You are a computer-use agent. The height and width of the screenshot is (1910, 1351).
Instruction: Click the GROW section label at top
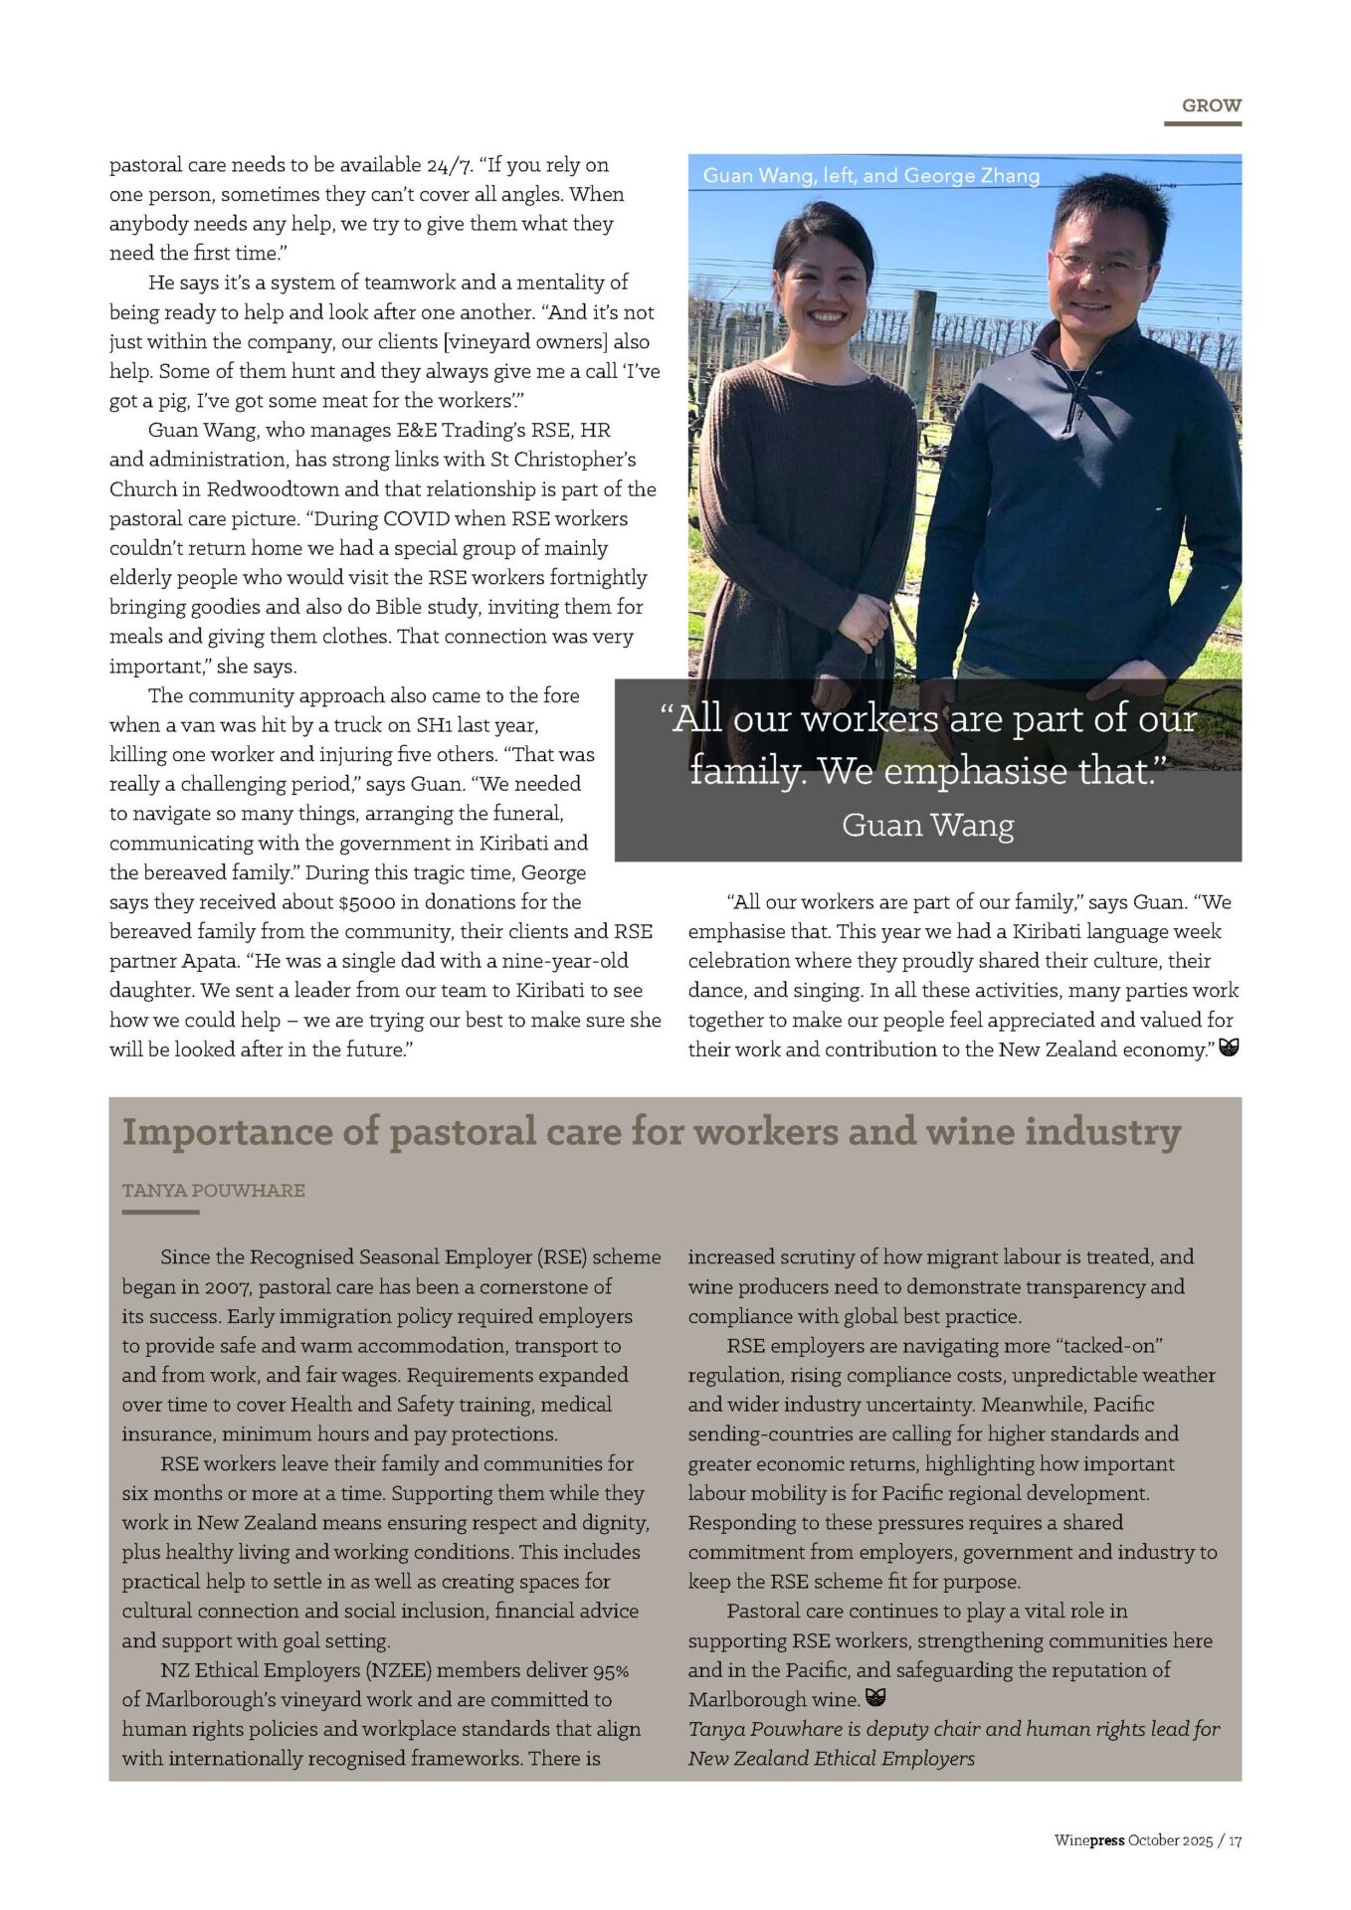(x=1211, y=105)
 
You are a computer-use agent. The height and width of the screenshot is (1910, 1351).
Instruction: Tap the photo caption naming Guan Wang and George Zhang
(x=870, y=176)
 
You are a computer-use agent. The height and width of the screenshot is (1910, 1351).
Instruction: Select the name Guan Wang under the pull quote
(x=927, y=826)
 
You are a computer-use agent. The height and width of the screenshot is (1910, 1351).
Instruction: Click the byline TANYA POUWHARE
(x=213, y=1191)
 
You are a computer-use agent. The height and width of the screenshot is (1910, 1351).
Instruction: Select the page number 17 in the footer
(x=1235, y=1841)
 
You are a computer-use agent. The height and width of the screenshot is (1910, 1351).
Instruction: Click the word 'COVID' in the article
(x=416, y=518)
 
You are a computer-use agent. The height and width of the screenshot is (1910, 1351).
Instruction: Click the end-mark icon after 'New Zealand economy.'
(x=1229, y=1048)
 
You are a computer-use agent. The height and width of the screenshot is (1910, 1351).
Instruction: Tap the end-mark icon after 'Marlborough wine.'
(x=875, y=1698)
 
